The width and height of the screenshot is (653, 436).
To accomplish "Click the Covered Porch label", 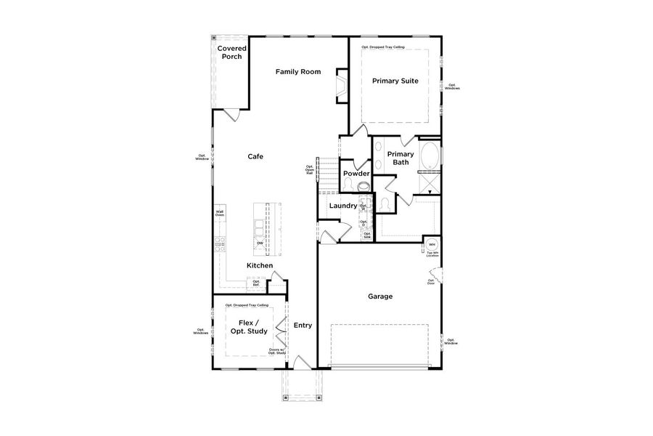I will [232, 52].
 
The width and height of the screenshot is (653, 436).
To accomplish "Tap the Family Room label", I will [297, 71].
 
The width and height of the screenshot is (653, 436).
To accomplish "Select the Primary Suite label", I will [395, 81].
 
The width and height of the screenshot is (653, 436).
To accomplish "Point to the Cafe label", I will [255, 156].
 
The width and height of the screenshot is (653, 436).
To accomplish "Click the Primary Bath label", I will [401, 158].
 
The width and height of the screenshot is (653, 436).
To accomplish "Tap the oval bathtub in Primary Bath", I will [430, 155].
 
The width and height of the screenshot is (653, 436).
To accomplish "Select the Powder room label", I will [356, 174].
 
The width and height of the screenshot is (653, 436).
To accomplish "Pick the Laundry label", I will [342, 206].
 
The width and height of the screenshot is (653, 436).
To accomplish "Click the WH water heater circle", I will [431, 244].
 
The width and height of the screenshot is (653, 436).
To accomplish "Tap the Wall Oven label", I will [219, 214].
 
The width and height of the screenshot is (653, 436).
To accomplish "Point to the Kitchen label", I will [260, 266].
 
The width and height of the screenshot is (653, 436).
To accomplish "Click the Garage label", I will [380, 296].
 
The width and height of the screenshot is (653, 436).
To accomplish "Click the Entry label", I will [303, 325].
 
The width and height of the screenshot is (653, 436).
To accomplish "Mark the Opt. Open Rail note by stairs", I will [309, 170].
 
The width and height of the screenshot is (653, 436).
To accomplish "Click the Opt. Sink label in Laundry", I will [367, 235].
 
